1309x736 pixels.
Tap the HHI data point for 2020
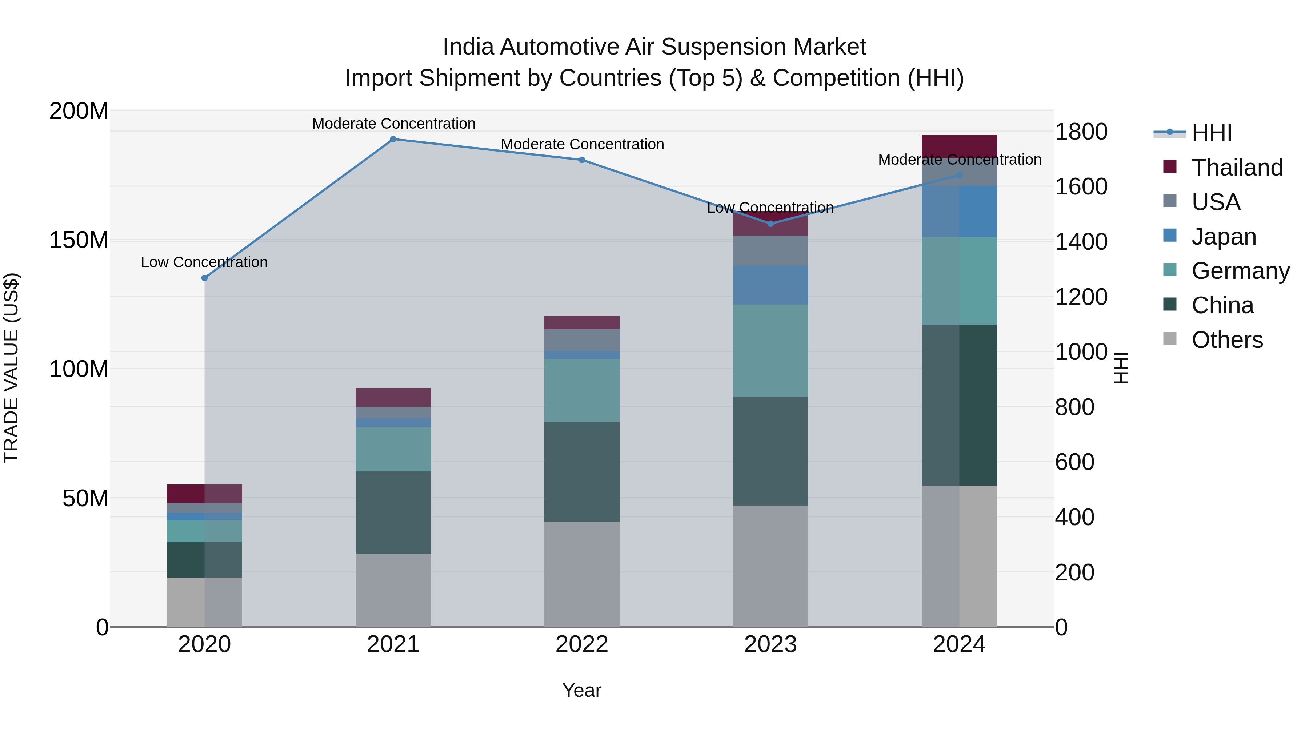(x=204, y=278)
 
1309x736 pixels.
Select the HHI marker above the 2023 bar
(x=770, y=224)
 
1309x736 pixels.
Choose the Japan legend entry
(x=1224, y=237)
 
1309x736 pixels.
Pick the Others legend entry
(x=1227, y=340)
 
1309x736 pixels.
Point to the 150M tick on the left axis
(x=79, y=240)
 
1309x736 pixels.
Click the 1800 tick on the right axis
(x=1081, y=132)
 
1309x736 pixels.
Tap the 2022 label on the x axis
(x=581, y=644)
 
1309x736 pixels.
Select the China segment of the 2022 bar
(x=581, y=471)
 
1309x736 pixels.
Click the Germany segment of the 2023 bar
(x=770, y=350)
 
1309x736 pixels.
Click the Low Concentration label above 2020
(x=204, y=262)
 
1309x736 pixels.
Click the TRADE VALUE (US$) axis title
(x=11, y=368)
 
